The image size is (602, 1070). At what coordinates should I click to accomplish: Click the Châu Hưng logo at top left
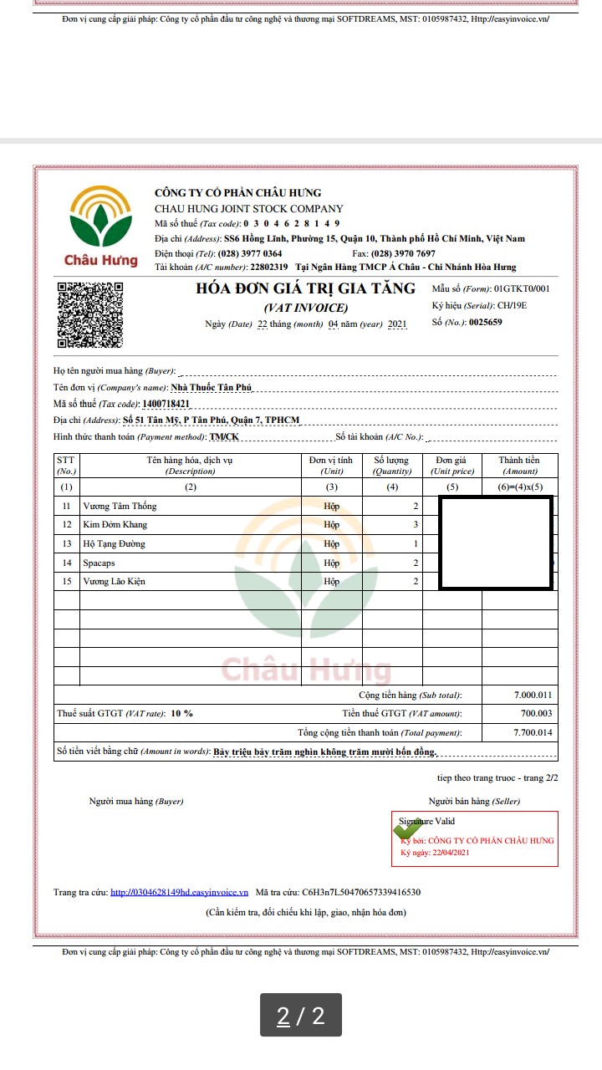pos(101,226)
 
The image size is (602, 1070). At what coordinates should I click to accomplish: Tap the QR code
pos(90,315)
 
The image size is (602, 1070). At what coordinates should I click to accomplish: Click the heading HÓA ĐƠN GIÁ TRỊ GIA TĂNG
pos(305,288)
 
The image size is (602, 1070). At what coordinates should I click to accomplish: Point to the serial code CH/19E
pos(512,305)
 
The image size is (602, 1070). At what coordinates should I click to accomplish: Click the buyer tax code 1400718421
pos(166,404)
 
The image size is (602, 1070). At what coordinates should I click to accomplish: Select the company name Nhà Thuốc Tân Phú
pos(211,387)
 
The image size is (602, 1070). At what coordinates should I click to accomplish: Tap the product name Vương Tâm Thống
pos(120,506)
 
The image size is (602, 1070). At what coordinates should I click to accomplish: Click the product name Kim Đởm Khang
pos(115,525)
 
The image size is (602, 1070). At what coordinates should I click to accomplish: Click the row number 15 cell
pos(67,581)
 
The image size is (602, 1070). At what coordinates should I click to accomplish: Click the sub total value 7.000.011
pos(533,695)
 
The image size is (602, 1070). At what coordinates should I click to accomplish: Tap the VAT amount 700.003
pos(536,713)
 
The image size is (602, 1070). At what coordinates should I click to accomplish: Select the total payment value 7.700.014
pos(533,732)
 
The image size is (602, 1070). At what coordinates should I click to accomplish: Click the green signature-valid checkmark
pos(407,831)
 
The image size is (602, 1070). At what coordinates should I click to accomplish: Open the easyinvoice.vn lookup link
pos(179,892)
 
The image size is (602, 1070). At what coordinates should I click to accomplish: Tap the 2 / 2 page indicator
pos(300,1016)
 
